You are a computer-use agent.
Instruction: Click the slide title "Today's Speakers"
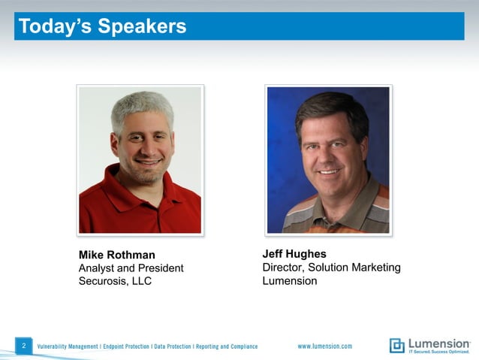coord(101,27)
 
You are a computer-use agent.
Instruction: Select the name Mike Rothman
coord(116,255)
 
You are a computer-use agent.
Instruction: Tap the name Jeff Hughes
coord(294,254)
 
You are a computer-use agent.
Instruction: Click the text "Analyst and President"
coord(131,268)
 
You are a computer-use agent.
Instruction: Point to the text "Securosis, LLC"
coord(115,282)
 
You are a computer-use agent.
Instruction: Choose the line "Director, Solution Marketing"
coord(331,268)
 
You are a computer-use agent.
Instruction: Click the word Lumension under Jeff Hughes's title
coord(289,281)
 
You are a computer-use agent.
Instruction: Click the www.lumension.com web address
coord(324,346)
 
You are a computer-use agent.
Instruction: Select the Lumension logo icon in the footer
coord(396,346)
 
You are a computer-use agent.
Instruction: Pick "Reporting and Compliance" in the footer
coord(227,346)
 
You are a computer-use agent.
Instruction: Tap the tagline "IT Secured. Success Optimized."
coord(439,352)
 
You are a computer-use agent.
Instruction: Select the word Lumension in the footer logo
coord(439,343)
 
